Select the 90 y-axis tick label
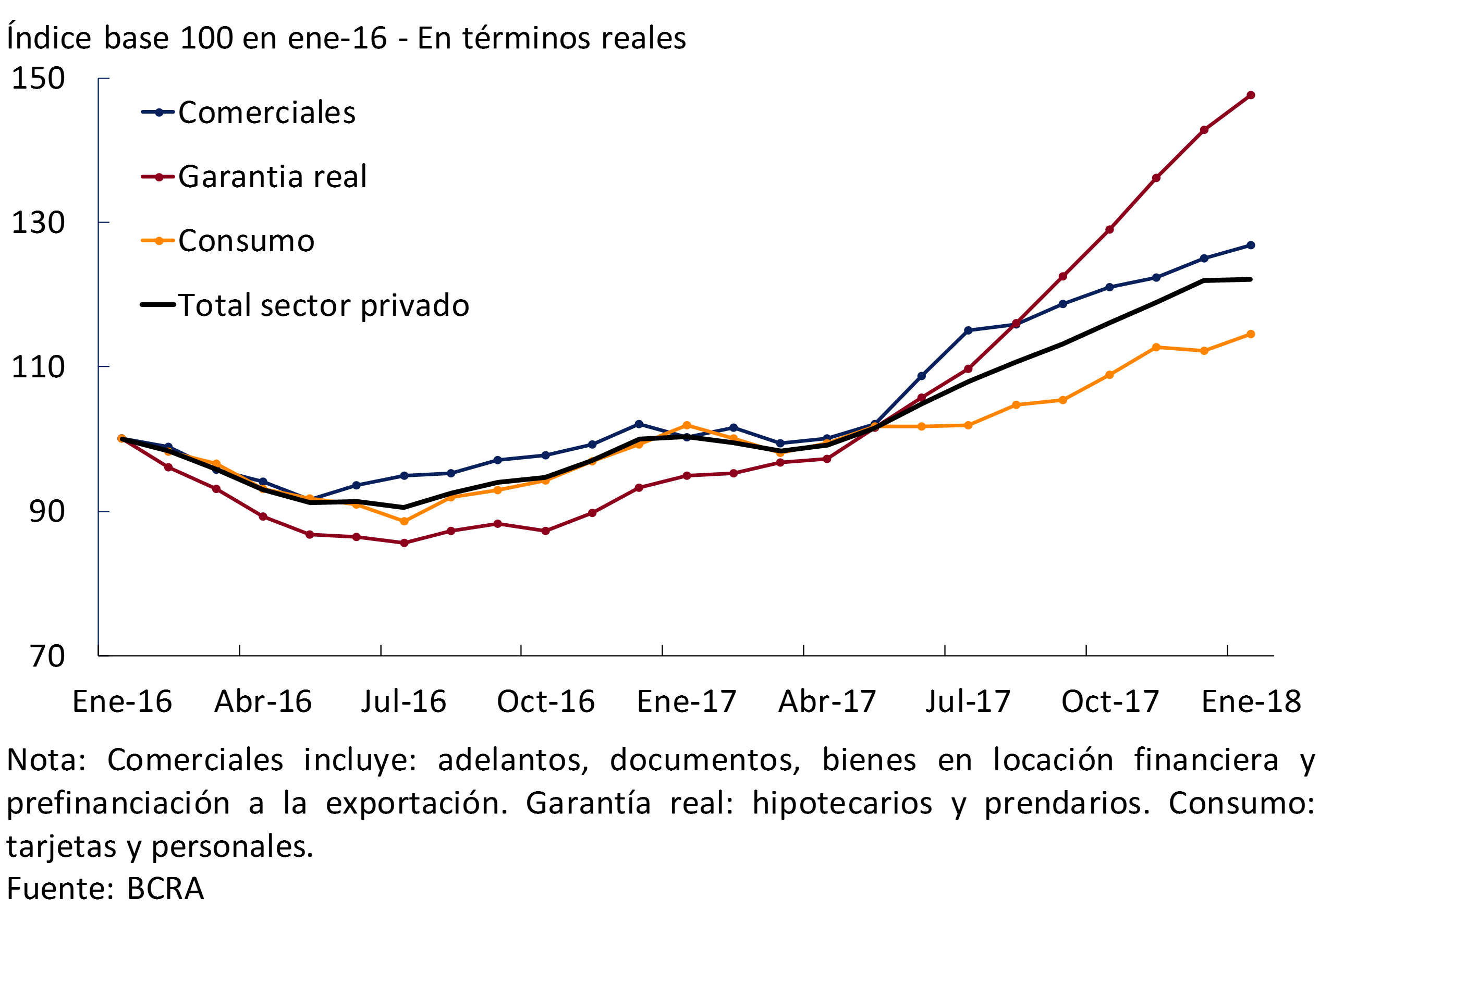pos(47,512)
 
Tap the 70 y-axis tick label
pos(47,657)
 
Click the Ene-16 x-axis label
pos(122,701)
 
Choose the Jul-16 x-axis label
pos(404,701)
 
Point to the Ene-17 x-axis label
pos(686,701)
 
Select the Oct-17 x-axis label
pos(1110,701)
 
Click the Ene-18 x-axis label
pos(1251,701)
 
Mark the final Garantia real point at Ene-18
pos(1251,95)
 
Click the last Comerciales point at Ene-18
pos(1251,245)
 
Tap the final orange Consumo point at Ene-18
pos(1251,334)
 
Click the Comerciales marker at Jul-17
pos(968,330)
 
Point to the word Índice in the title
pos(49,38)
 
